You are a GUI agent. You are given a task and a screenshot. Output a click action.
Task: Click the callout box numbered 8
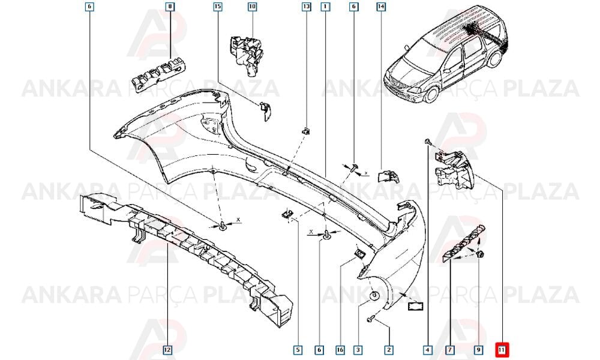point(170,7)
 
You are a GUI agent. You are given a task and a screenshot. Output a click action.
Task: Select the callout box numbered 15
point(217,7)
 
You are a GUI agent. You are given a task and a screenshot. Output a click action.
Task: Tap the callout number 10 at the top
point(252,7)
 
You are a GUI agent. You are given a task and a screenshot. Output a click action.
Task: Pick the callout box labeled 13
point(307,7)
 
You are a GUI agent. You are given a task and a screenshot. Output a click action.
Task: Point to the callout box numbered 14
point(381,7)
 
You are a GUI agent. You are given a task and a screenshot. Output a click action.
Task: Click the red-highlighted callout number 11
point(501,349)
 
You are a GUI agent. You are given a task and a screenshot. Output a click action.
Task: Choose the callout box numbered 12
point(167,349)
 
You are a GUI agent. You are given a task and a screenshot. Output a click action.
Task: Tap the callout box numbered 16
point(340,349)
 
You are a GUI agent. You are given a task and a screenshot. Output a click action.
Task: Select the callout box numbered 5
point(298,349)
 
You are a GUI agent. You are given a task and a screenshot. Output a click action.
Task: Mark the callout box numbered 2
point(389,349)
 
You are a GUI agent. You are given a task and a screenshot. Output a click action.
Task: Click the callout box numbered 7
point(450,349)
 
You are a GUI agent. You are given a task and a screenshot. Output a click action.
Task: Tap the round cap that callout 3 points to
point(374,296)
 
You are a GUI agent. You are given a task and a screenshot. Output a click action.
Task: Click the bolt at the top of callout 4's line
point(428,142)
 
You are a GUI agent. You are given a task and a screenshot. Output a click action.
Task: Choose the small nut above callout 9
point(481,253)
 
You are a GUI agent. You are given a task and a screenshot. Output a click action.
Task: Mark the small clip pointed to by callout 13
point(306,131)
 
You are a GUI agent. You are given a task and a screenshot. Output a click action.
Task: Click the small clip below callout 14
point(388,176)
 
